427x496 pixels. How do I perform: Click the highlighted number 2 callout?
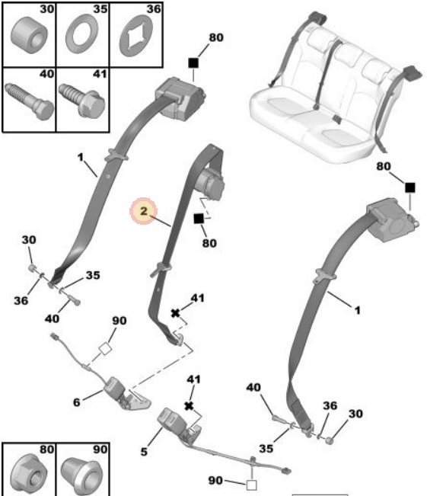(144, 211)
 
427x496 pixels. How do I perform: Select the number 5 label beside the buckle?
(144, 452)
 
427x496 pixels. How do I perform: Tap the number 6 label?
(76, 402)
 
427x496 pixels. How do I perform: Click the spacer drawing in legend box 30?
(29, 35)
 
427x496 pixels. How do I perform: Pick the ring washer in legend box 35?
(82, 34)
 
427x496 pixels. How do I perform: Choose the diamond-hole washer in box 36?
(136, 36)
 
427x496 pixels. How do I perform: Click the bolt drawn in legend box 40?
(29, 101)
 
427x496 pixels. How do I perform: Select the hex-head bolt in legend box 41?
(82, 101)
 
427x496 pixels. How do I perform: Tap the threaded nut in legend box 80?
(29, 475)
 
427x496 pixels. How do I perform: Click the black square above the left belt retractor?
(193, 63)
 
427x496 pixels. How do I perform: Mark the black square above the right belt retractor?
(410, 187)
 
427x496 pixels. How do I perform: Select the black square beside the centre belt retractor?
(199, 219)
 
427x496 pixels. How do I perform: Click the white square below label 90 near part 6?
(105, 349)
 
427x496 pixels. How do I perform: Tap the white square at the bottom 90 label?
(251, 485)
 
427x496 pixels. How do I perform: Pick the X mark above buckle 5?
(189, 406)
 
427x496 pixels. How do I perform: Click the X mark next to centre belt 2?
(175, 313)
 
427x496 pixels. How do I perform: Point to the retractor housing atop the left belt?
(180, 99)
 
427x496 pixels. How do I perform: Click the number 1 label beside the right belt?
(357, 310)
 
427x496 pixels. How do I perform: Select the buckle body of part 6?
(114, 388)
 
